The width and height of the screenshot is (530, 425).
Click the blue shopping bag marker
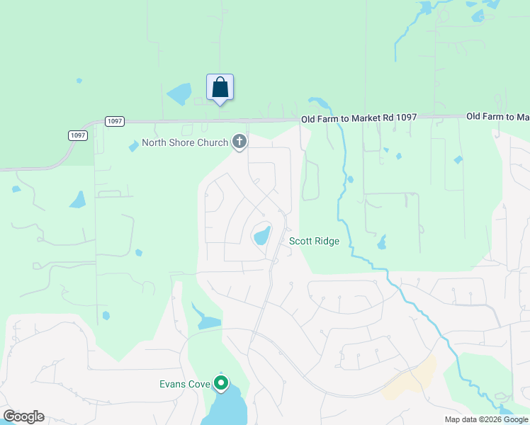click(x=220, y=88)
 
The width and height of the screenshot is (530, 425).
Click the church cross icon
click(x=239, y=143)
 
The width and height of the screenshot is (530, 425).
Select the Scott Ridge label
click(x=314, y=242)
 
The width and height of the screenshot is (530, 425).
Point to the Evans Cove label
click(x=184, y=385)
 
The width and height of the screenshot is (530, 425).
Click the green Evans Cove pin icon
click(x=221, y=384)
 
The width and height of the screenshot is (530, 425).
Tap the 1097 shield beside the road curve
click(x=78, y=135)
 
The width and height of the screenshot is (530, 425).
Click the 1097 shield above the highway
click(x=115, y=121)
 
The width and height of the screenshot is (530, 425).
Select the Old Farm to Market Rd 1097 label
click(x=359, y=118)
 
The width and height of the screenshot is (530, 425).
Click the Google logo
click(x=23, y=416)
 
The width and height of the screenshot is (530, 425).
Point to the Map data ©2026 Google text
click(x=485, y=419)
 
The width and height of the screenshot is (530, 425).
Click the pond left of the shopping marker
click(x=179, y=93)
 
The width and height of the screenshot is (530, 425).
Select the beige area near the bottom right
click(x=412, y=379)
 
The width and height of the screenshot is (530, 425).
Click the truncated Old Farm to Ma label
click(x=497, y=116)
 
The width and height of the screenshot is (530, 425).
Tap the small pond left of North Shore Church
click(x=133, y=147)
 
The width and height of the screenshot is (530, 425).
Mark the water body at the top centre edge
click(x=426, y=8)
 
